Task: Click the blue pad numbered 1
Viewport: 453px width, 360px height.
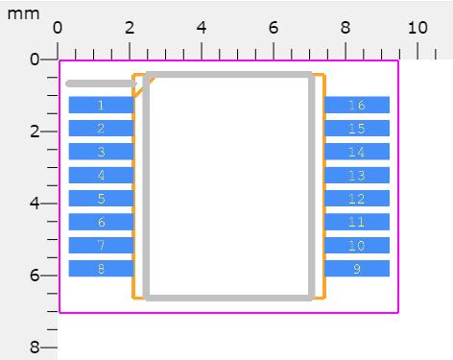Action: [101, 105]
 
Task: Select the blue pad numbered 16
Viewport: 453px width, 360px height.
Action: [357, 105]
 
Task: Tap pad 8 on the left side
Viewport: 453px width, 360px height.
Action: [101, 269]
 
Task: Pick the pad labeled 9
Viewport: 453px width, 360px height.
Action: [357, 269]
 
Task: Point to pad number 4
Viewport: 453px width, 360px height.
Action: [101, 175]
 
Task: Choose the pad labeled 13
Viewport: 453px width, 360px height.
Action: [357, 175]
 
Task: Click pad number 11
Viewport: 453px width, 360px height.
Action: [357, 222]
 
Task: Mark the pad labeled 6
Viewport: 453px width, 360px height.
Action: [101, 222]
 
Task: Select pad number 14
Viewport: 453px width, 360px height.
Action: [357, 152]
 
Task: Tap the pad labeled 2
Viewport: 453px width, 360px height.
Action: [101, 129]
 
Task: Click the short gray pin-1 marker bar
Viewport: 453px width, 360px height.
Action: [101, 84]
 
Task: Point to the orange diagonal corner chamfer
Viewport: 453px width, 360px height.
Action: [144, 87]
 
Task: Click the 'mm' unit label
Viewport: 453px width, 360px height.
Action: [23, 14]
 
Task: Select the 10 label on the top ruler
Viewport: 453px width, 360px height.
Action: [417, 28]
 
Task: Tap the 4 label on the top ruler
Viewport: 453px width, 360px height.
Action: [202, 28]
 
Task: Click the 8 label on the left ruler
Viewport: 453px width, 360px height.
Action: [35, 348]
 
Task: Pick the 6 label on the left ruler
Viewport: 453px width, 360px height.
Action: [35, 276]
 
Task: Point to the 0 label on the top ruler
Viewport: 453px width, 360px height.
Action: [58, 28]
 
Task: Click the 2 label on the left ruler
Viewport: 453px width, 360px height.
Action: [35, 132]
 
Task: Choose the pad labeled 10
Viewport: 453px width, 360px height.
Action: [357, 245]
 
